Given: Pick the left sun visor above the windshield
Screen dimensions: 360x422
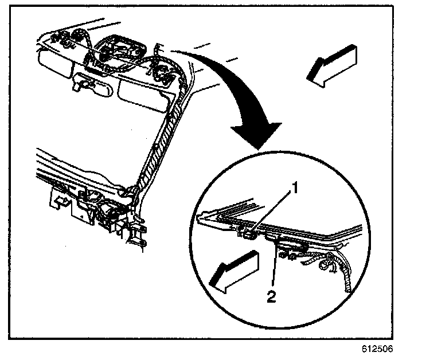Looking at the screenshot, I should point(54,60).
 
